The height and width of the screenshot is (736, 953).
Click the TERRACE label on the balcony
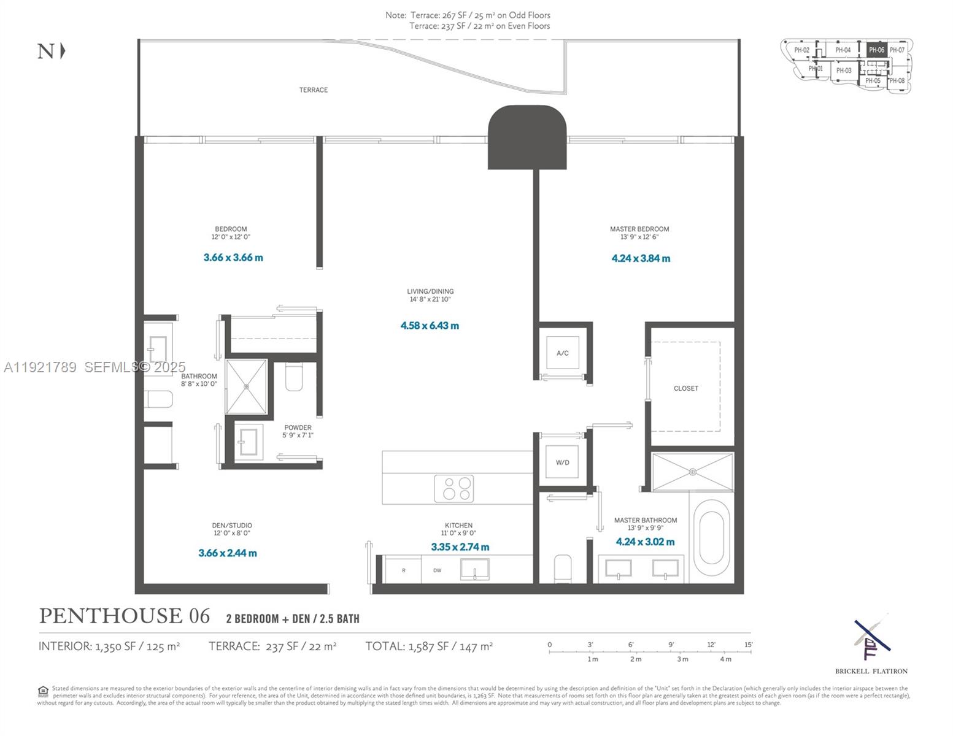click(313, 90)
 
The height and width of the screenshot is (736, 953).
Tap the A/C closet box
click(562, 353)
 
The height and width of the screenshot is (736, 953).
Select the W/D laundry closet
click(562, 462)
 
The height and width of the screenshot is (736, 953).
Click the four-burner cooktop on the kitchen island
click(453, 488)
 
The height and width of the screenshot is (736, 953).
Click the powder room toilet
click(294, 377)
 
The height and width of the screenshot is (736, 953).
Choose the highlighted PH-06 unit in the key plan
click(876, 50)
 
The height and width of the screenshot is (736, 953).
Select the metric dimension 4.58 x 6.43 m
click(430, 326)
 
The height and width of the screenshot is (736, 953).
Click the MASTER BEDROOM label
click(639, 229)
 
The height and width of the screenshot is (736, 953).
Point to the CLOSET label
click(685, 388)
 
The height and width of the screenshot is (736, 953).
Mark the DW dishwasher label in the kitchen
click(437, 570)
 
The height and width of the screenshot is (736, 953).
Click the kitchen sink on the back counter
click(475, 569)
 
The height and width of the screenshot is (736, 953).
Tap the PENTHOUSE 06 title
click(125, 616)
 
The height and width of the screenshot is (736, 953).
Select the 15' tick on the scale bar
click(749, 645)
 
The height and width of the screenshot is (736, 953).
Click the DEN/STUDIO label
click(232, 526)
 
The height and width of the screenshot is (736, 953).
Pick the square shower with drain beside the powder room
click(247, 386)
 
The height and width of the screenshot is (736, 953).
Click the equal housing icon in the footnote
click(43, 691)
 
